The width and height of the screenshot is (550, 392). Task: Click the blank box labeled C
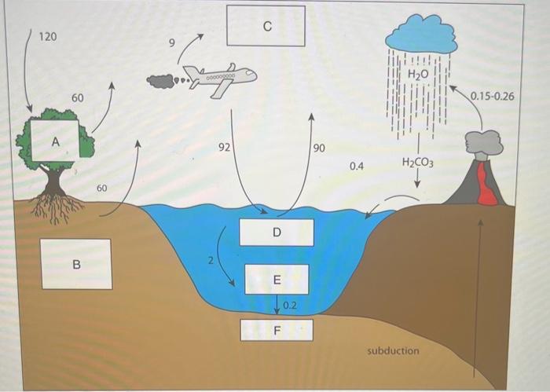point(266,26)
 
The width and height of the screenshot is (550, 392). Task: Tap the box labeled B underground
point(75,263)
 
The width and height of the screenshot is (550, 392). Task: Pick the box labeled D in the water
point(276,233)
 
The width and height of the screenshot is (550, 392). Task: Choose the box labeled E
point(276,279)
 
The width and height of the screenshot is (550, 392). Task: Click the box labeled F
point(276,330)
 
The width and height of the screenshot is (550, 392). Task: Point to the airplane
point(220,78)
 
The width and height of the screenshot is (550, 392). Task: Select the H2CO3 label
point(418,163)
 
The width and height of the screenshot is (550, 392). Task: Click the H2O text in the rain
point(419,73)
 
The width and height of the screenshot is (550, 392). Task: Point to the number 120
point(48,37)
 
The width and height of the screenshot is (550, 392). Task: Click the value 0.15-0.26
point(492,96)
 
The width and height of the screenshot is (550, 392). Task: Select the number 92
point(224,146)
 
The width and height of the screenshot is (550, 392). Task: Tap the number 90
point(319,148)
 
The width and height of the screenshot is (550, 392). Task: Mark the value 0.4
point(357,167)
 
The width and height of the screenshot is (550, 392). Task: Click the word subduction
point(393,350)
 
